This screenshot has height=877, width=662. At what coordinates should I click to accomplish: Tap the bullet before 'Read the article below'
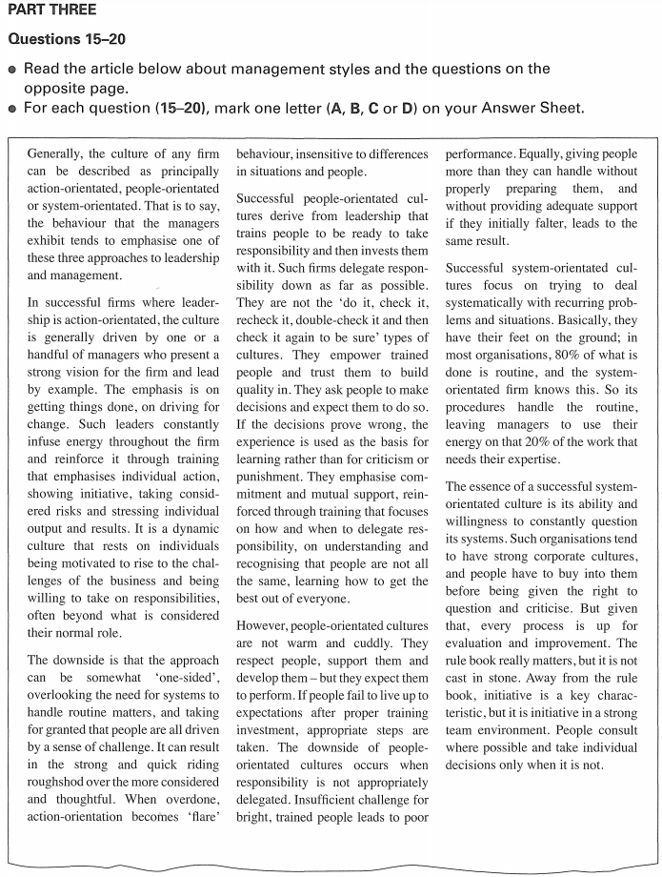11,70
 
